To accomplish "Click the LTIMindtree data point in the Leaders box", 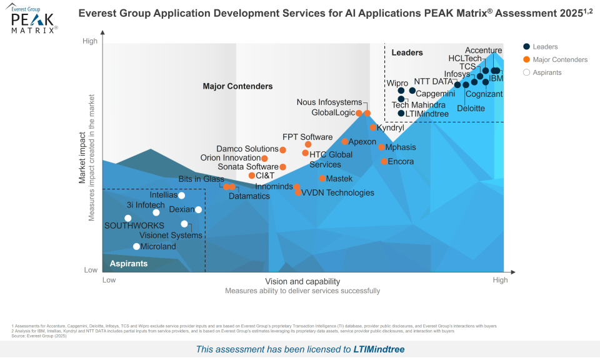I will [401, 114].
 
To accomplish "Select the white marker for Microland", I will [137, 246].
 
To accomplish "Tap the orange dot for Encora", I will [384, 161].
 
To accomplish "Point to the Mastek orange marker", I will [322, 179].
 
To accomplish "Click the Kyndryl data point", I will [373, 127].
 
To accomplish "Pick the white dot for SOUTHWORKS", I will [128, 218].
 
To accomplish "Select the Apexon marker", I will [345, 142].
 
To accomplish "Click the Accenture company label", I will [484, 51].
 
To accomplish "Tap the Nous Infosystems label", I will [329, 102].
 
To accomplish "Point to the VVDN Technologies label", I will [338, 192].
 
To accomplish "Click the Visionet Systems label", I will [171, 236].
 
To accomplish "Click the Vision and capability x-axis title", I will [302, 281].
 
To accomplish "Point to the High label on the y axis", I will [90, 41].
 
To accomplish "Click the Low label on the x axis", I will [109, 280].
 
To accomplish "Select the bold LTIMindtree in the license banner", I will [379, 349].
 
